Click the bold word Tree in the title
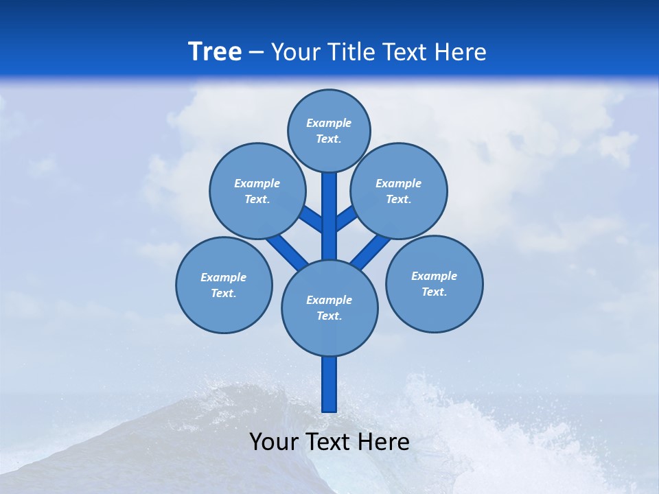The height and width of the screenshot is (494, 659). point(215,52)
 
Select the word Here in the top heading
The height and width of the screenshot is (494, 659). point(461,52)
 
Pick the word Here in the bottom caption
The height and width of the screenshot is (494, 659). point(384,442)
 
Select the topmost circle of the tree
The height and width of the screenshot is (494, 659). point(329,130)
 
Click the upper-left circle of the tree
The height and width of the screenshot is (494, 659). point(257,191)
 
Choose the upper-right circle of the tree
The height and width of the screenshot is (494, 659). point(399,191)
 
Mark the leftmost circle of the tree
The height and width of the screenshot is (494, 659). point(224,285)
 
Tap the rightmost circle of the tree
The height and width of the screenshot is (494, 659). point(434,283)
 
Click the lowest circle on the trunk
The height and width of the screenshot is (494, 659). point(329,307)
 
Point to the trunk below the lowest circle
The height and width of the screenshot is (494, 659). point(329,384)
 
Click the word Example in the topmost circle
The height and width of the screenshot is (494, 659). point(329,123)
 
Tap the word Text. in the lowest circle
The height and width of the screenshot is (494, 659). point(329,316)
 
